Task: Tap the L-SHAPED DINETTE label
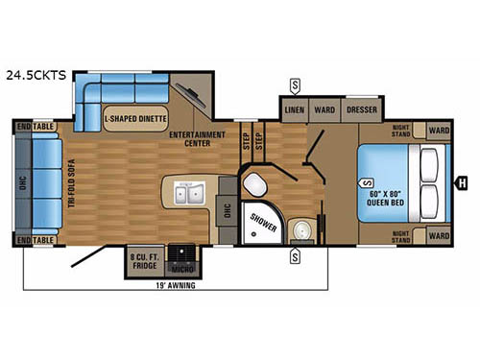(135, 119)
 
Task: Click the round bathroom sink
(302, 229)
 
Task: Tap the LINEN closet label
(295, 110)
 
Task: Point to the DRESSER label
(361, 110)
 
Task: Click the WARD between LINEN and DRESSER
(325, 110)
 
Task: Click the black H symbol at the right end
(462, 182)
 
